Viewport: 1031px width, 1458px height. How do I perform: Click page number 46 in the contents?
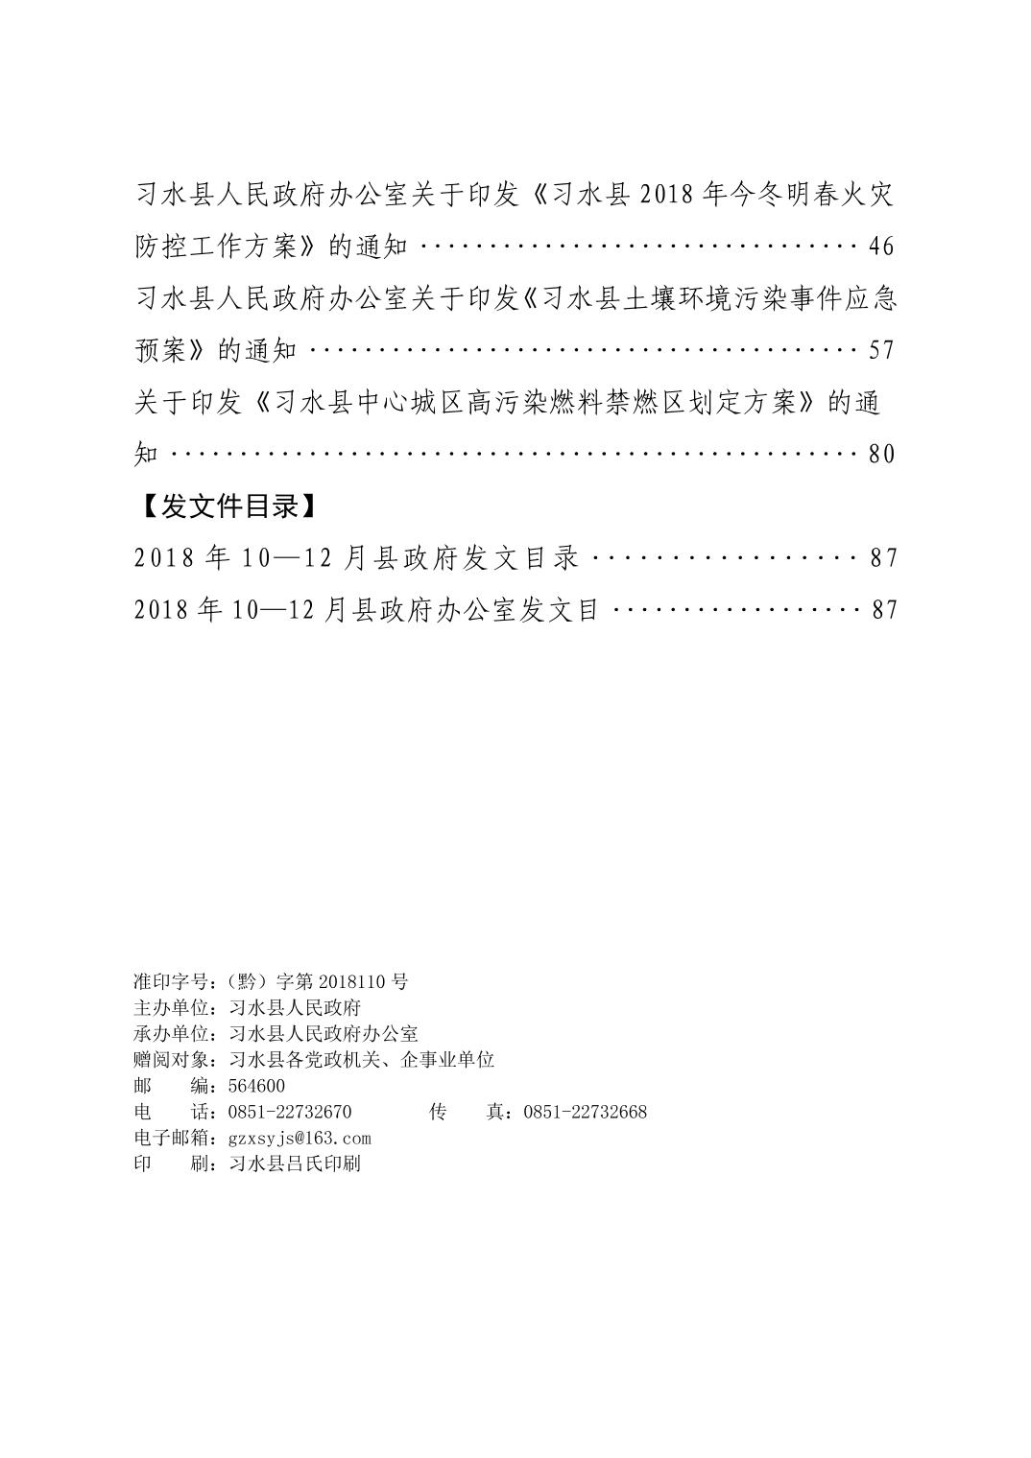coord(880,247)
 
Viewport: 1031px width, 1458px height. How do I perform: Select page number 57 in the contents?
coord(880,350)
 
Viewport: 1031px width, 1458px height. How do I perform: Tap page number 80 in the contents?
coord(880,454)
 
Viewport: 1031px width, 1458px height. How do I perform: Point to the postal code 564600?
coord(256,1086)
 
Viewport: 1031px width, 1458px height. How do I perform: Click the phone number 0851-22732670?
coord(290,1112)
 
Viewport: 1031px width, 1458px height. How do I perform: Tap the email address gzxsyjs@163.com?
coord(300,1139)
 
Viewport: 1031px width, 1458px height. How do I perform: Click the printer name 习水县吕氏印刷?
coord(295,1164)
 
